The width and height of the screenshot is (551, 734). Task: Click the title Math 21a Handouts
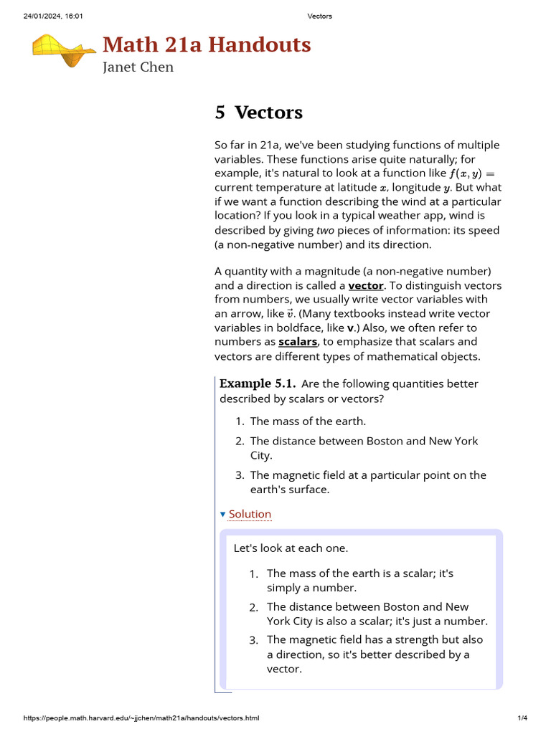207,44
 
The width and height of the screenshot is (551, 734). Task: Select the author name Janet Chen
138,67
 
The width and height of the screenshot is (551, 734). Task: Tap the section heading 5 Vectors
258,113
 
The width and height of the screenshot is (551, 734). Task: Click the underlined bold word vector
366,285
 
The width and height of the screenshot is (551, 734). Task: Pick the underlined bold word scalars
298,342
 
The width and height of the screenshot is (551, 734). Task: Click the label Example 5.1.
257,383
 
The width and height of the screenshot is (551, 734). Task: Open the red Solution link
250,514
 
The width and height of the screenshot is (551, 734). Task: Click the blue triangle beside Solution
222,515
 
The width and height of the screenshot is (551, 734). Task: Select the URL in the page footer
141,718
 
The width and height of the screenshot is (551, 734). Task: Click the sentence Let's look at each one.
291,548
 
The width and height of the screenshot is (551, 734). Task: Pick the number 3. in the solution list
254,640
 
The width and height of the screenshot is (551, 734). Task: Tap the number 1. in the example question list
240,421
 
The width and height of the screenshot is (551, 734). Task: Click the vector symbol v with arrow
290,314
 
